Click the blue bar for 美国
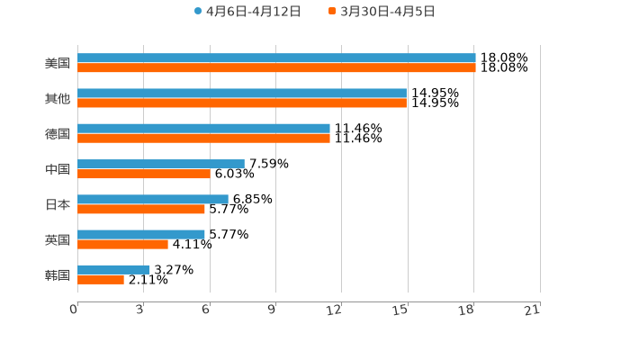(x=276, y=58)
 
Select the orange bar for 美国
(x=276, y=67)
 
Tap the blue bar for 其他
(x=242, y=93)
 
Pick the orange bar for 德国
(x=203, y=138)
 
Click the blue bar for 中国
(x=161, y=164)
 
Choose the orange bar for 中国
(x=144, y=174)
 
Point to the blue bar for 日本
(x=153, y=199)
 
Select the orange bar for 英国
(x=122, y=244)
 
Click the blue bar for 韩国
(x=113, y=269)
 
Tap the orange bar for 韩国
(x=101, y=279)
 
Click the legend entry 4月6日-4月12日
(x=247, y=12)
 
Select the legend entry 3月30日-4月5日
(x=382, y=12)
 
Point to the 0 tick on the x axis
(x=75, y=310)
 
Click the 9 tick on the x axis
(x=272, y=310)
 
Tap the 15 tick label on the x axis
(x=401, y=310)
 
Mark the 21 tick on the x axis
(x=533, y=310)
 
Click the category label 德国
(x=58, y=133)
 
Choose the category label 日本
(x=58, y=204)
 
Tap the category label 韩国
(x=58, y=274)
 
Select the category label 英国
(x=58, y=239)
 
